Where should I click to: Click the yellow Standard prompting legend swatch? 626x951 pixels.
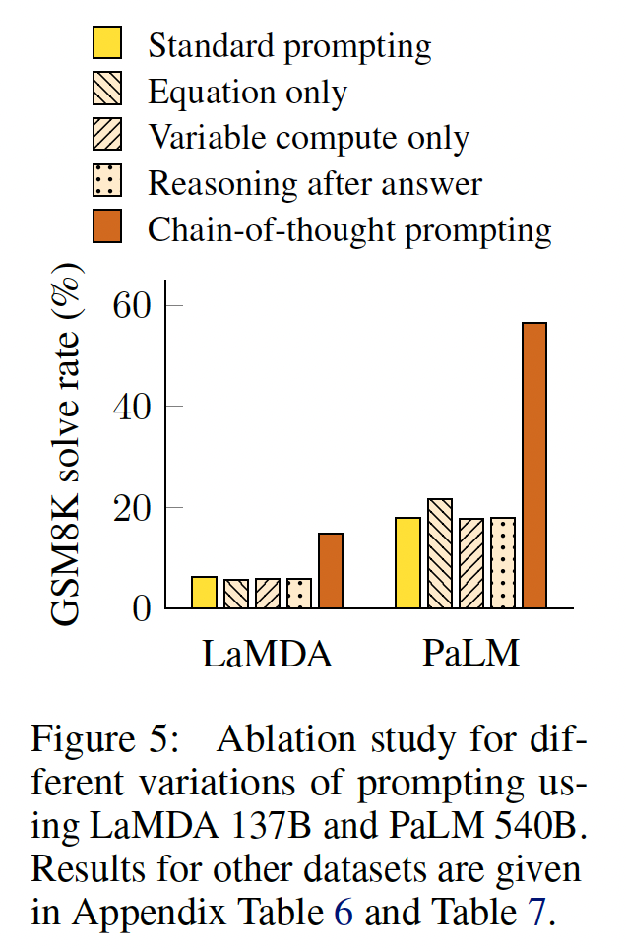tap(108, 44)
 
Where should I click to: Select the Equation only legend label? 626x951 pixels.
tap(247, 92)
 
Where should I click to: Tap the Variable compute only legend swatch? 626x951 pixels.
tap(108, 137)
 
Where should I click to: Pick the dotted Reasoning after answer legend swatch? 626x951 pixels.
tap(108, 183)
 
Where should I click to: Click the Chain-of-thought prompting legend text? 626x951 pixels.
tap(349, 229)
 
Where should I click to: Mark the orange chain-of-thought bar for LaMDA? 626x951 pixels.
tap(331, 570)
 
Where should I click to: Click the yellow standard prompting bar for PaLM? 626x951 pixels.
tap(407, 562)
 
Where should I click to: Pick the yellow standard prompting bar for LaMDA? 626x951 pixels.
tap(204, 592)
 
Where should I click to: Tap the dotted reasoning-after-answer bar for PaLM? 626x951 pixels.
tap(503, 562)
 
